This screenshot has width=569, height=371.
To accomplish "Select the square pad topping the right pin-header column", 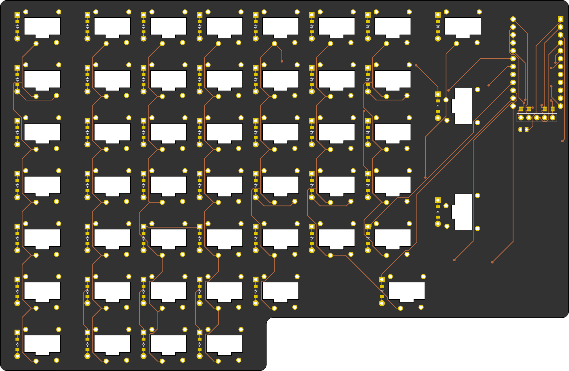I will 561,19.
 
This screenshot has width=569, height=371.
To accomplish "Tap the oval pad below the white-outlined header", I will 520,129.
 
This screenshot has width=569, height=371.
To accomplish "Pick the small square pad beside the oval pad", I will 527,129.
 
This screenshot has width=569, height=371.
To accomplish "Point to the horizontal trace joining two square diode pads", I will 171,227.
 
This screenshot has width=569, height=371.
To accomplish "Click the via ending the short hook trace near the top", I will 282,61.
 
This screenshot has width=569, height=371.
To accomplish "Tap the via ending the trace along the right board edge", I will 562,141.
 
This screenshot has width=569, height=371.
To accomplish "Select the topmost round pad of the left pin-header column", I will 513,19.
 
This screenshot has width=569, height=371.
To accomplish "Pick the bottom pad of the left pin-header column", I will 513,106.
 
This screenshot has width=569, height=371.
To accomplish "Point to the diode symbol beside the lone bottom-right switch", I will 382,291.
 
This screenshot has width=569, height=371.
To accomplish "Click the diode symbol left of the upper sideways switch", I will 438,106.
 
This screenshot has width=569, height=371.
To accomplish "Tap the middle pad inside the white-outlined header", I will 537,118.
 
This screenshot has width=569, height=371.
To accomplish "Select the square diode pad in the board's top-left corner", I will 17,15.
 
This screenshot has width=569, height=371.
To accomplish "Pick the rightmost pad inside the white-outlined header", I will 553,118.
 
